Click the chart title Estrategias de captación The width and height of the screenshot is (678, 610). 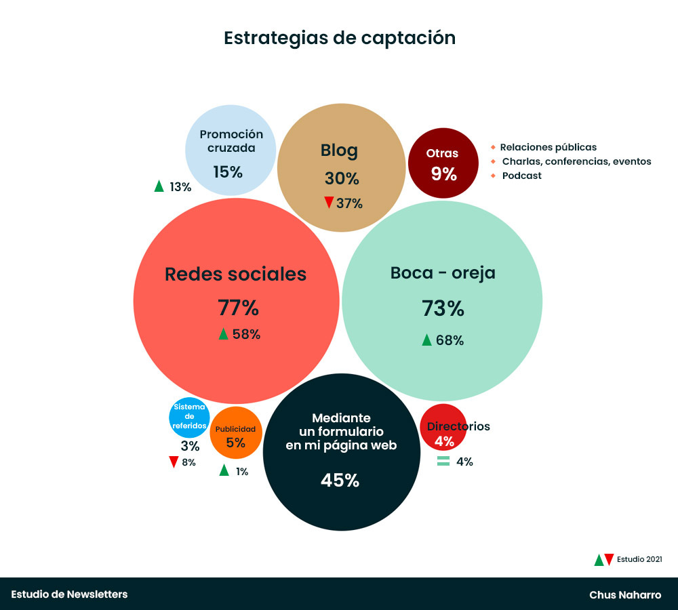click(340, 38)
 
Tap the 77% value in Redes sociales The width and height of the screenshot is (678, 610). click(238, 308)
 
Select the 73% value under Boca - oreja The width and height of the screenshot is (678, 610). click(443, 308)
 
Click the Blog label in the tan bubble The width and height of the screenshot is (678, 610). click(339, 150)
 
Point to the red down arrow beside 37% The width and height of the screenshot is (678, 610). click(329, 203)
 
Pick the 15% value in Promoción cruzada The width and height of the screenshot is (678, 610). click(228, 172)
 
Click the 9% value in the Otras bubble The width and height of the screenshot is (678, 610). click(444, 174)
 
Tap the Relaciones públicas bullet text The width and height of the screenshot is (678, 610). click(548, 147)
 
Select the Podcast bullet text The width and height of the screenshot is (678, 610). click(521, 176)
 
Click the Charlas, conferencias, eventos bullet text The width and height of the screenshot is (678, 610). click(576, 161)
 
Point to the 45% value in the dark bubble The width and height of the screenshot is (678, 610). click(340, 481)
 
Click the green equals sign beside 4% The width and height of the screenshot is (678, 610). click(443, 462)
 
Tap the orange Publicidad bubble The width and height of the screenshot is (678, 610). click(235, 433)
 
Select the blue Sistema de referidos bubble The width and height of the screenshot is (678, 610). click(189, 416)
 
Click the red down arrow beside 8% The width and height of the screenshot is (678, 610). click(174, 462)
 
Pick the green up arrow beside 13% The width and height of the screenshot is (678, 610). click(159, 186)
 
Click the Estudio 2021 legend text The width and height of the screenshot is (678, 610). click(639, 559)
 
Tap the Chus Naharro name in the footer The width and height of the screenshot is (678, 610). click(625, 595)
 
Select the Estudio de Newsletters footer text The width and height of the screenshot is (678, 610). click(69, 594)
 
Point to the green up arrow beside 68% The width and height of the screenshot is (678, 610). click(426, 340)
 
